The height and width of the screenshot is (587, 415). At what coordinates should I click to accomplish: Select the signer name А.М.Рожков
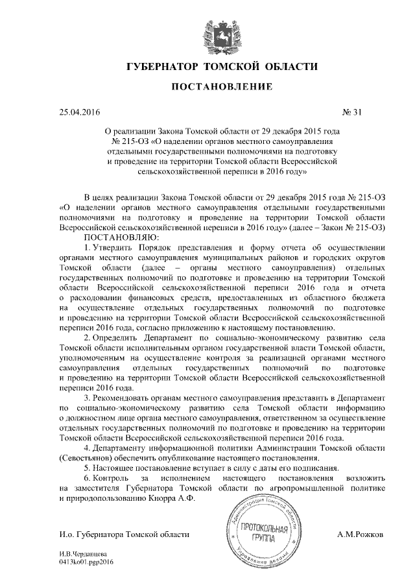361,534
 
